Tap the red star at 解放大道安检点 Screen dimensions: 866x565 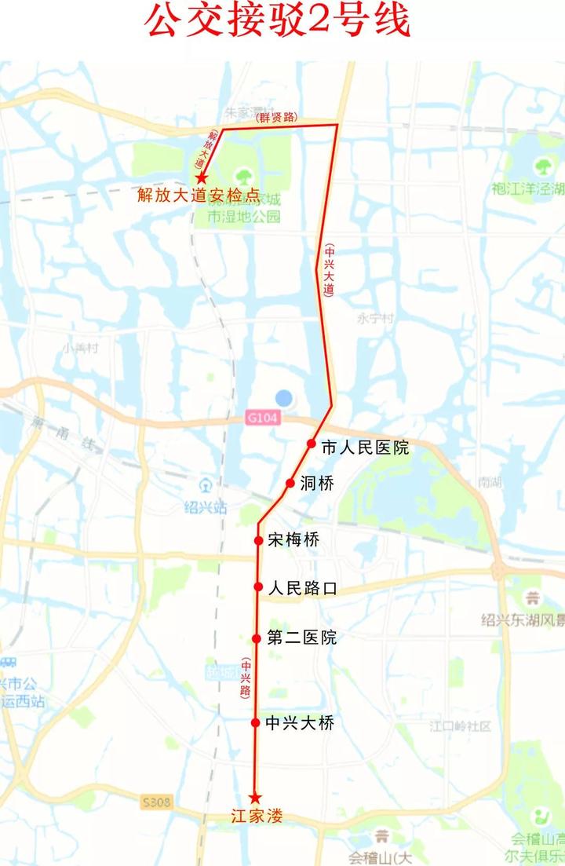202,177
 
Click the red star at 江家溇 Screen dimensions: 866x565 254,798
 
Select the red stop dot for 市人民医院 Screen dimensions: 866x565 312,444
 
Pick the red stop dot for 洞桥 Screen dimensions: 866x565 290,483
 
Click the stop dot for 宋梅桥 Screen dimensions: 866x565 258,540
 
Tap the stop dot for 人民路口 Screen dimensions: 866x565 257,586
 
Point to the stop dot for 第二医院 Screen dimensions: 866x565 257,638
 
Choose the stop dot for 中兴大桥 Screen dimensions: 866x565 255,722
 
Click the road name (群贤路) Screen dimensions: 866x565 277,117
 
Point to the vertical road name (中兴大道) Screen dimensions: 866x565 328,269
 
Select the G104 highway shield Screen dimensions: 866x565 261,418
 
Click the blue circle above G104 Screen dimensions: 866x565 283,399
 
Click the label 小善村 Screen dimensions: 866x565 82,348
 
